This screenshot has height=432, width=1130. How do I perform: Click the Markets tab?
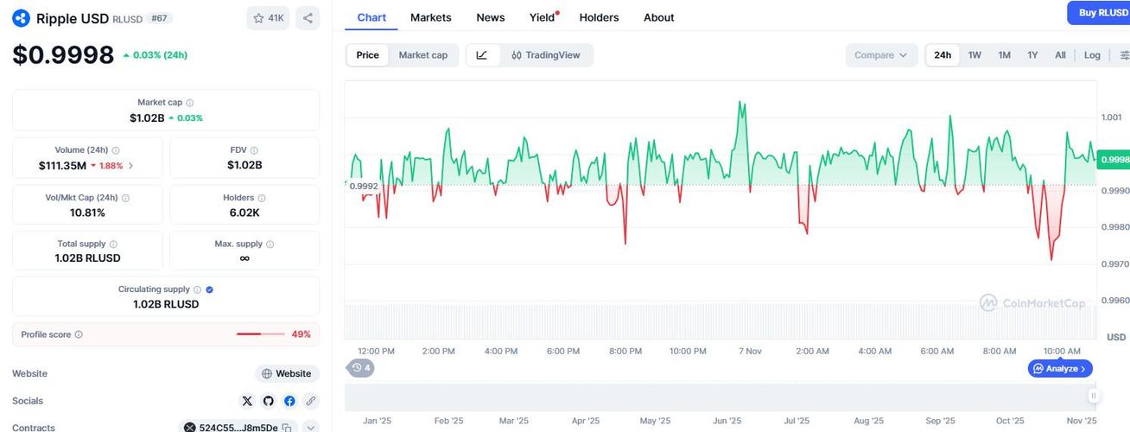(x=430, y=17)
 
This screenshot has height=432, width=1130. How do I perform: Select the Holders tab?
(x=600, y=17)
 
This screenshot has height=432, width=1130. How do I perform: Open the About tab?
(x=658, y=17)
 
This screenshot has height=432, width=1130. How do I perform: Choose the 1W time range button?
(x=974, y=55)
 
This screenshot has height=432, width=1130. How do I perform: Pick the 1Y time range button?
(x=1032, y=55)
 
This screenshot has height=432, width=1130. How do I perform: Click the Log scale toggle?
(x=1092, y=55)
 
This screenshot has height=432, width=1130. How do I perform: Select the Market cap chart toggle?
(x=422, y=55)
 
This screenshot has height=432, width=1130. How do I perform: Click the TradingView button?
(x=546, y=55)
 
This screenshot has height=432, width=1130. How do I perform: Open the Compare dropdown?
(x=880, y=55)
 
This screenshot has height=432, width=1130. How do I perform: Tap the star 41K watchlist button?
(x=268, y=17)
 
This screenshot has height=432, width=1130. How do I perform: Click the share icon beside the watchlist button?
(x=308, y=17)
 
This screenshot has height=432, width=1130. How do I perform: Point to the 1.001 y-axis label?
(x=1112, y=118)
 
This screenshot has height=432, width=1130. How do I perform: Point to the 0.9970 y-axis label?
(x=1114, y=264)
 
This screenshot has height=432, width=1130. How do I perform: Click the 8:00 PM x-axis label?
(x=625, y=351)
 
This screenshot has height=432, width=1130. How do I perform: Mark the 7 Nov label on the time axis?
(x=750, y=351)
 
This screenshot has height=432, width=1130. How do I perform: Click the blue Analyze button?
(x=1061, y=369)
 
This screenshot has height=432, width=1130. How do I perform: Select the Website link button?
(x=287, y=374)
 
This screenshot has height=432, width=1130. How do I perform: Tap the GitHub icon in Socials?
(x=269, y=401)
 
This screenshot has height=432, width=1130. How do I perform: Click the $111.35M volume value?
(x=62, y=165)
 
